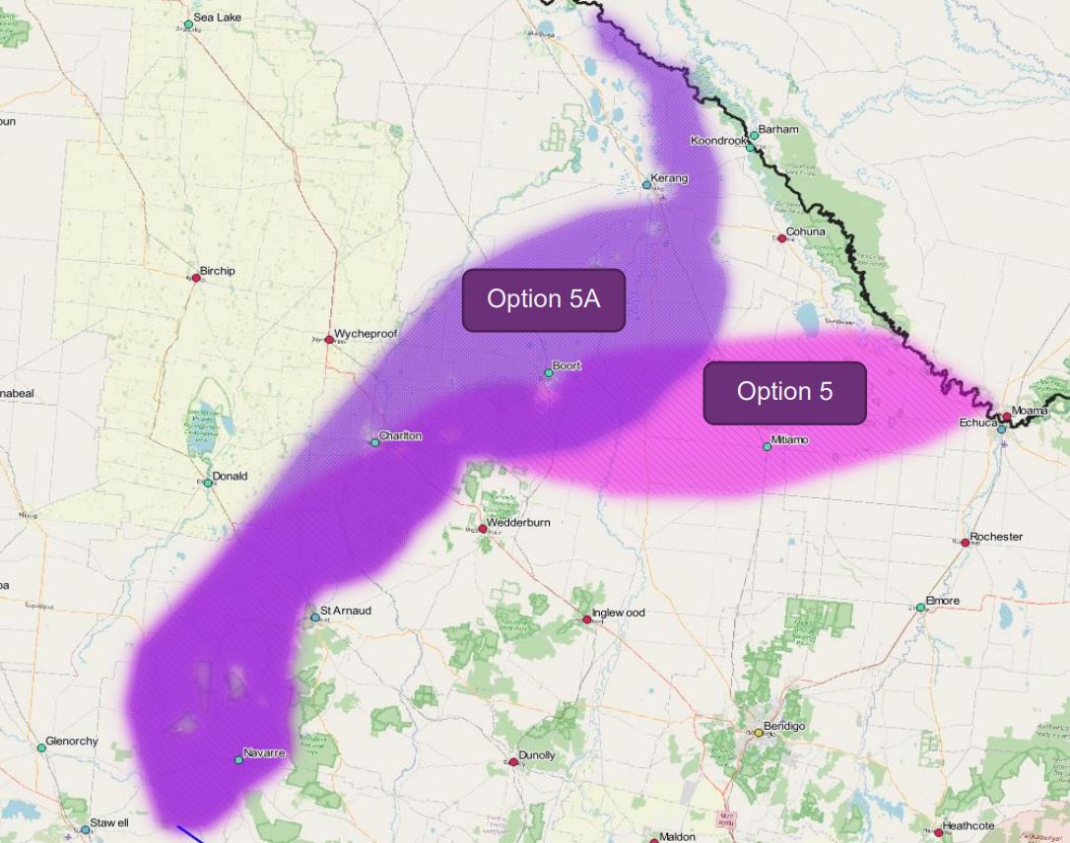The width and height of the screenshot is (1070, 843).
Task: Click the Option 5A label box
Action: [544, 299]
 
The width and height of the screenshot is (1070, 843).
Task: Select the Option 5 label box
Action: [784, 392]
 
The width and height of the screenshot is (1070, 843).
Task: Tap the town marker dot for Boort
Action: [549, 373]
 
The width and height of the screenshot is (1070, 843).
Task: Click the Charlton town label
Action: [401, 435]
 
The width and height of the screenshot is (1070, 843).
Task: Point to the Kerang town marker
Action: [647, 184]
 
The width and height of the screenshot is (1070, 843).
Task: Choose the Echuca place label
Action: [978, 422]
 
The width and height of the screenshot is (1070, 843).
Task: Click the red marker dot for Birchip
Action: [196, 279]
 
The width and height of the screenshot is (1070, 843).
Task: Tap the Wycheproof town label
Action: [366, 334]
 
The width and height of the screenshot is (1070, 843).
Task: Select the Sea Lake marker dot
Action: [188, 25]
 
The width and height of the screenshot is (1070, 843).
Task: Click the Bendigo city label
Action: [784, 726]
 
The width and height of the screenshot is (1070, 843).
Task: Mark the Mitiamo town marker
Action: [768, 447]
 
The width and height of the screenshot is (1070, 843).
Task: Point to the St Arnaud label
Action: [346, 611]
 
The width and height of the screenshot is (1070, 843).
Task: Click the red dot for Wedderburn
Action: [483, 529]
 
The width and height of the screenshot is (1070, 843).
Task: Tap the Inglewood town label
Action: [619, 613]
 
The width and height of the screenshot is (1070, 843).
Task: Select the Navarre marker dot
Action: [238, 760]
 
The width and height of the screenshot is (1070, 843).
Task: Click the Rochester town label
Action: [996, 537]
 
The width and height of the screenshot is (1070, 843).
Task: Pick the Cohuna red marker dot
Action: [782, 238]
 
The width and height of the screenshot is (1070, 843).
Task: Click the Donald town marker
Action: [208, 483]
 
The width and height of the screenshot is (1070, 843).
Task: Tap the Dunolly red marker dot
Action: [513, 762]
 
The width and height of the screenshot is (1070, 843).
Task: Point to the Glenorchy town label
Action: [72, 741]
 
